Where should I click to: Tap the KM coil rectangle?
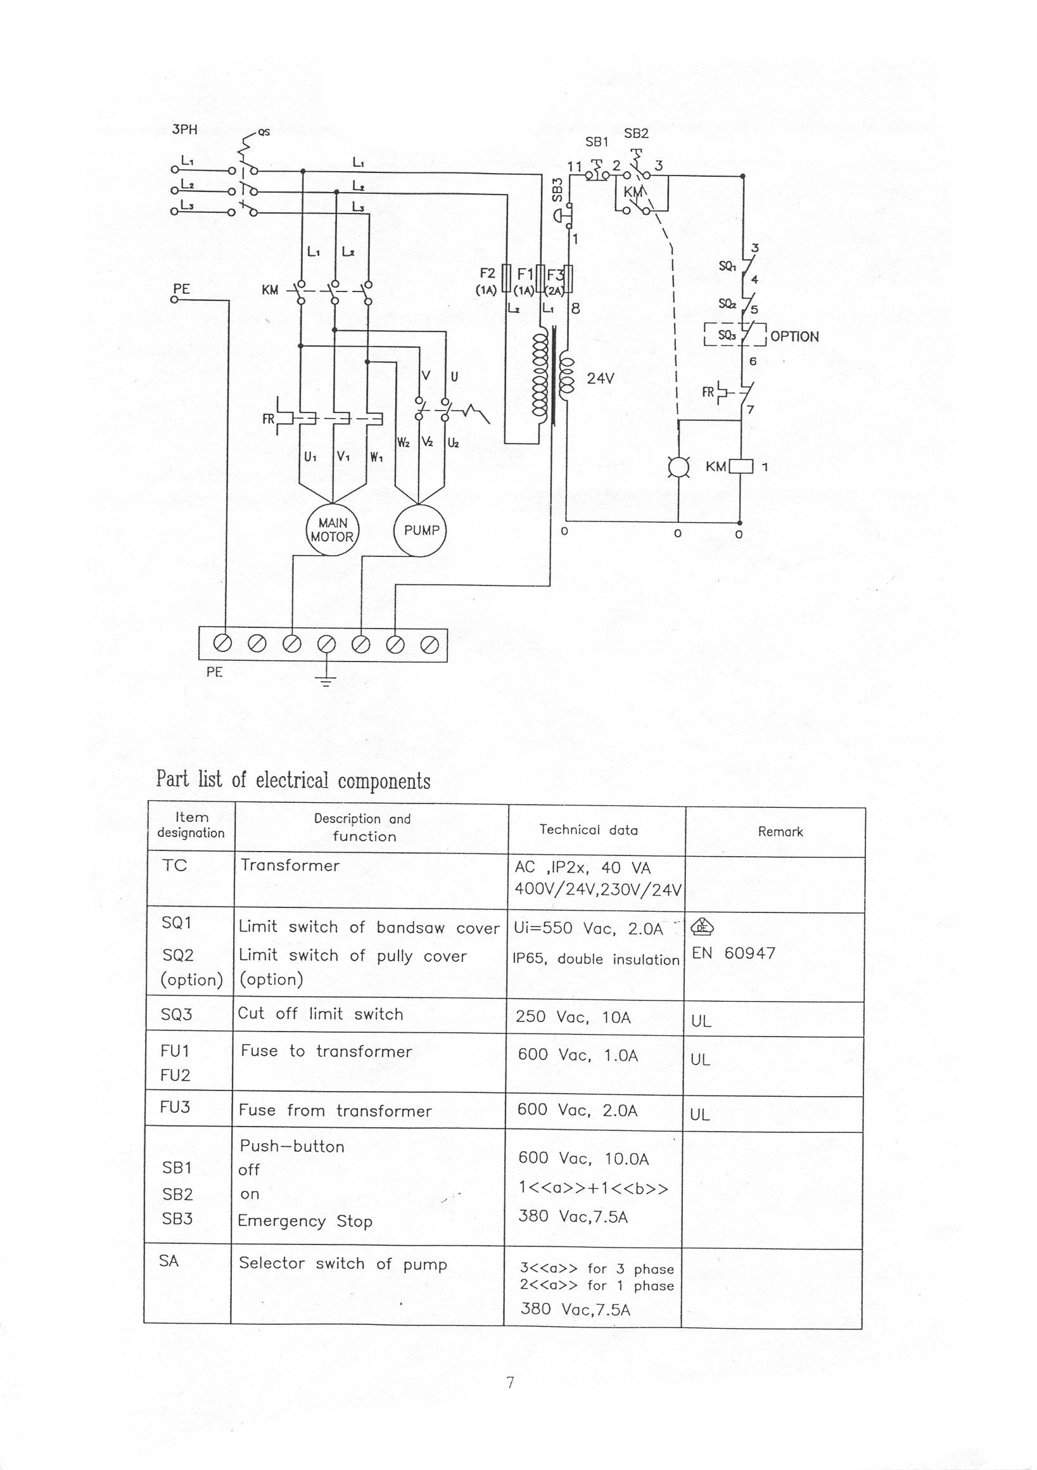(741, 466)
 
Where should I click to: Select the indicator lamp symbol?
(678, 468)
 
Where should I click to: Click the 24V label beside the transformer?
(601, 378)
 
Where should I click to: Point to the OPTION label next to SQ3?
(794, 336)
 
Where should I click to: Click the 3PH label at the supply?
(185, 129)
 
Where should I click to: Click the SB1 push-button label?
(597, 141)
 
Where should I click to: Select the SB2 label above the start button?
(636, 133)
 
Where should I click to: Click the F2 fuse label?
(487, 274)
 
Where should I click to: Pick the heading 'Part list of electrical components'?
(293, 780)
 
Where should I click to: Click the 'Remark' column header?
(780, 832)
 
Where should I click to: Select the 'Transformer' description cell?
(290, 866)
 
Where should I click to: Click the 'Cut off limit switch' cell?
(321, 1014)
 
